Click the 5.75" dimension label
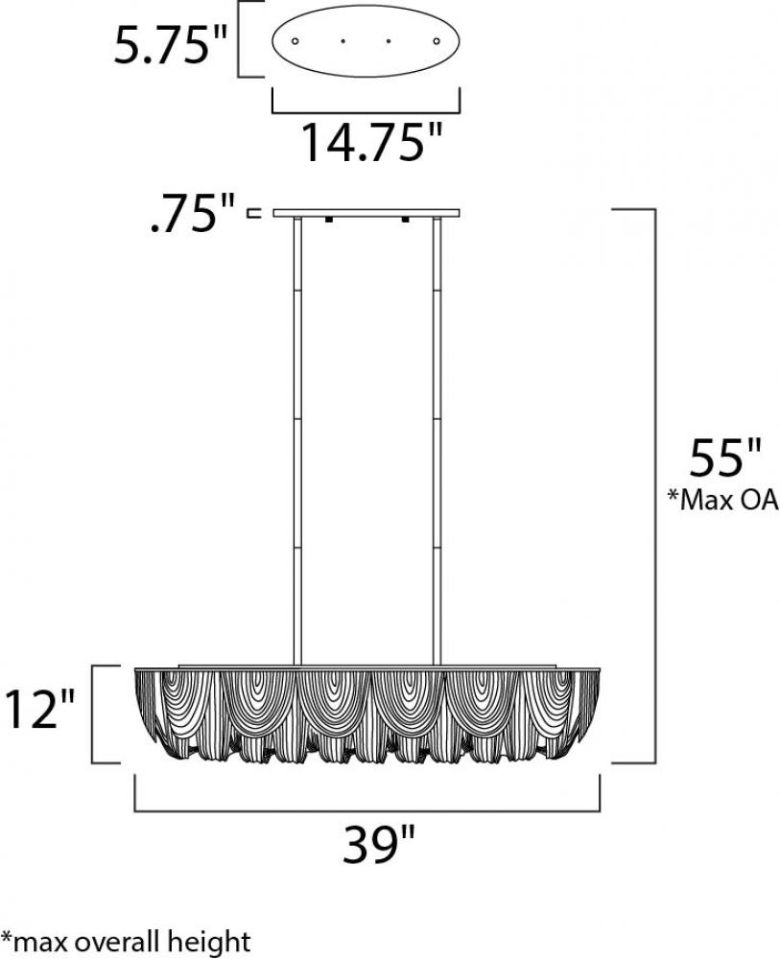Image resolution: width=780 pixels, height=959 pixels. [170, 41]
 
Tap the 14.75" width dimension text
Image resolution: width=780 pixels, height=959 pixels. [371, 142]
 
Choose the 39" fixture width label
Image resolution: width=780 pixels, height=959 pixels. [379, 844]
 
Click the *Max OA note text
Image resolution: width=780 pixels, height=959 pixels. [722, 501]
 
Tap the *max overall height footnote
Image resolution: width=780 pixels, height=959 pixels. [126, 941]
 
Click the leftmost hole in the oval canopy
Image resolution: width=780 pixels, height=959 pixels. [295, 41]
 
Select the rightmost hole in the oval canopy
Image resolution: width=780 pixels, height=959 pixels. [437, 41]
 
